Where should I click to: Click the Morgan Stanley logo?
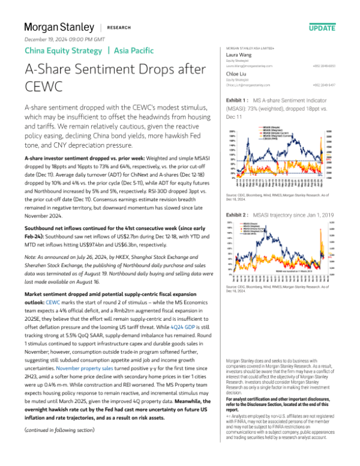59,28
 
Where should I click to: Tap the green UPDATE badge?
323,28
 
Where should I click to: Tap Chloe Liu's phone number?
324,85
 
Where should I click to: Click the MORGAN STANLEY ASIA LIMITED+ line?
250,47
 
